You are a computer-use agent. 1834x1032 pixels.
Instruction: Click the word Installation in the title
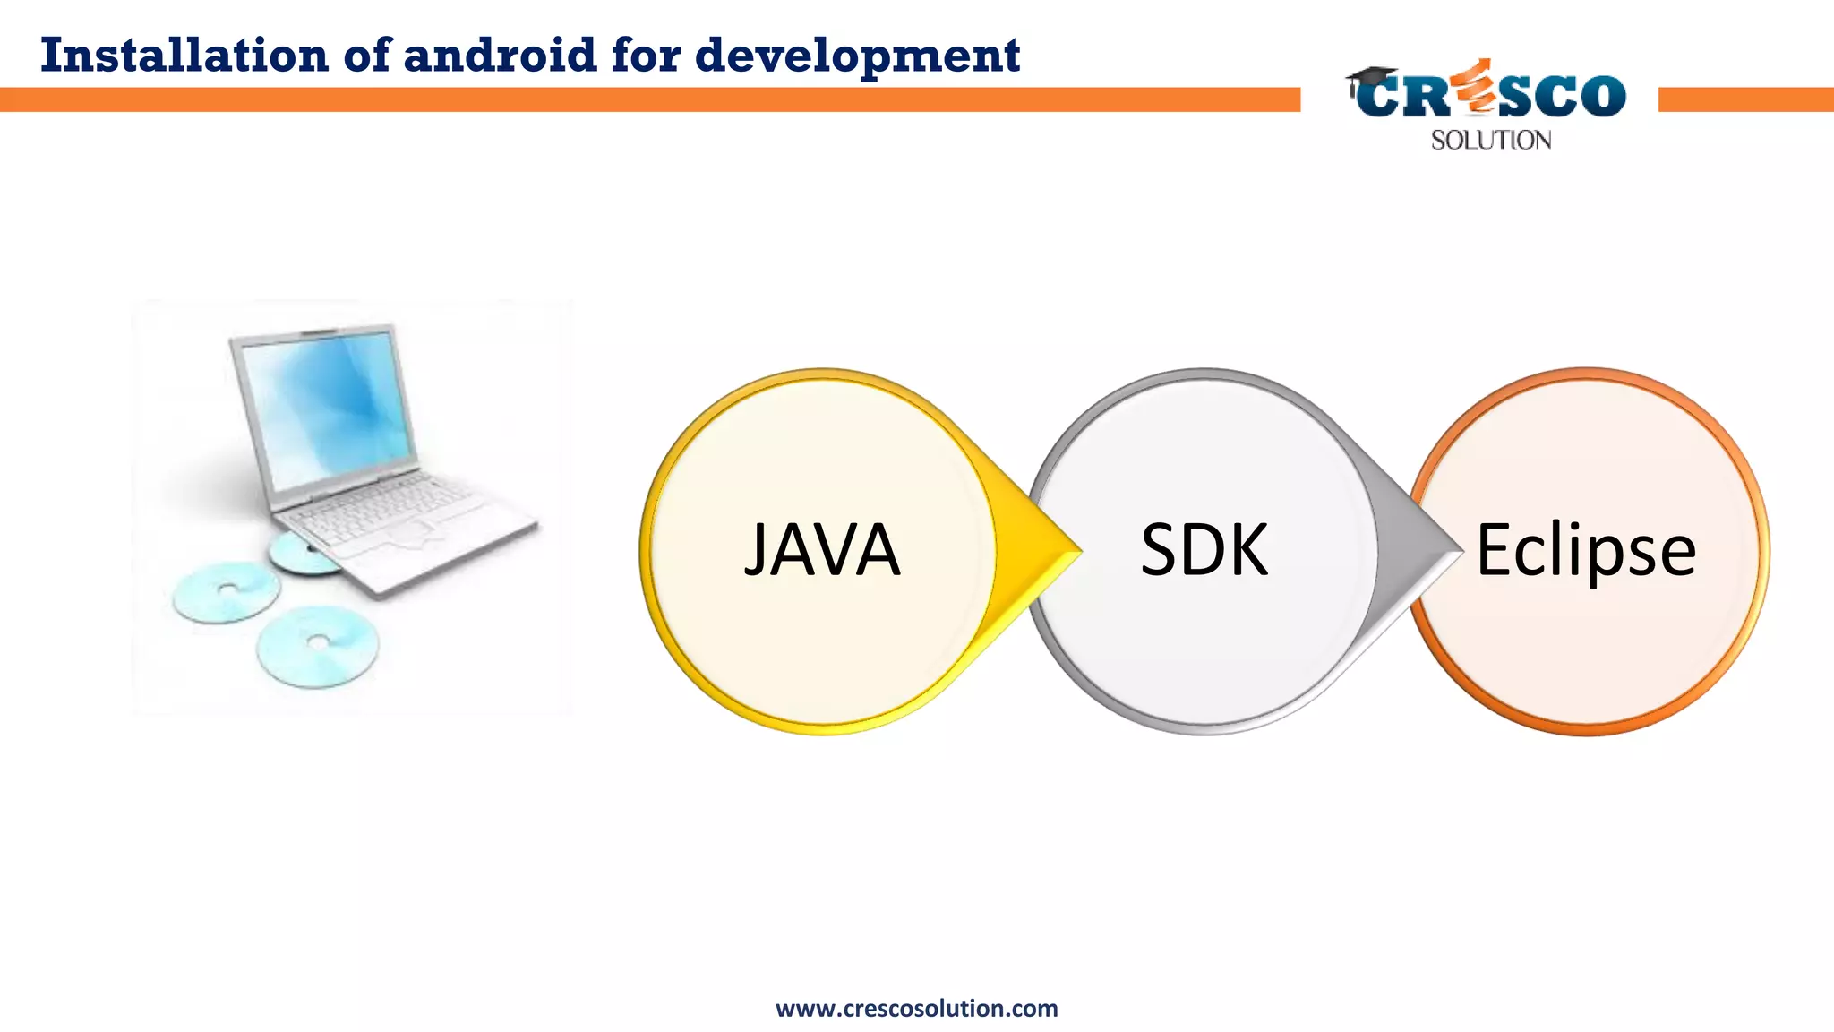[x=184, y=56]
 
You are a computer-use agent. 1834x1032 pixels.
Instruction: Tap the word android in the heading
[x=500, y=56]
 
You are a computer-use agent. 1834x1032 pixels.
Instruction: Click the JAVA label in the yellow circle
[x=822, y=550]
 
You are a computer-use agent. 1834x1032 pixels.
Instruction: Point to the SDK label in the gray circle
[x=1204, y=550]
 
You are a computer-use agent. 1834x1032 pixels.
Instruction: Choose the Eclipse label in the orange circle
[x=1585, y=550]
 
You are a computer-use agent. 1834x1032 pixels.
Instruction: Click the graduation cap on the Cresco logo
[x=1371, y=78]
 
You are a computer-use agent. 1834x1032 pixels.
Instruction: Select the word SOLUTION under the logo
[x=1491, y=141]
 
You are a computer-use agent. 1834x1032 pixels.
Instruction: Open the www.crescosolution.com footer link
[x=916, y=1009]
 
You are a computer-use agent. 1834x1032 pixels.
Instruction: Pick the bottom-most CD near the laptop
[x=318, y=645]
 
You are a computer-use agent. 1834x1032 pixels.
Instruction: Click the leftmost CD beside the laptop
[x=226, y=591]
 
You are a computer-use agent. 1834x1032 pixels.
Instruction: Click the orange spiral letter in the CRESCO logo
[x=1476, y=90]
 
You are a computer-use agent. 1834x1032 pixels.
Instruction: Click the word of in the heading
[x=367, y=56]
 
